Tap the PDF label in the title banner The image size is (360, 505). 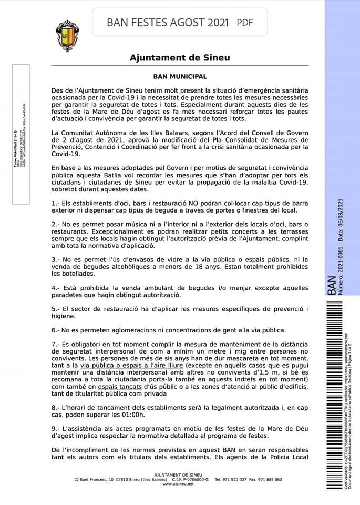(x=245, y=23)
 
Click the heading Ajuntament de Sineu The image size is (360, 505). (x=180, y=58)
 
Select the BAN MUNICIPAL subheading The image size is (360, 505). (x=180, y=76)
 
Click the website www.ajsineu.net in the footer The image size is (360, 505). (x=178, y=484)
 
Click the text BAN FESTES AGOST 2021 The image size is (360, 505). (x=168, y=23)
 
